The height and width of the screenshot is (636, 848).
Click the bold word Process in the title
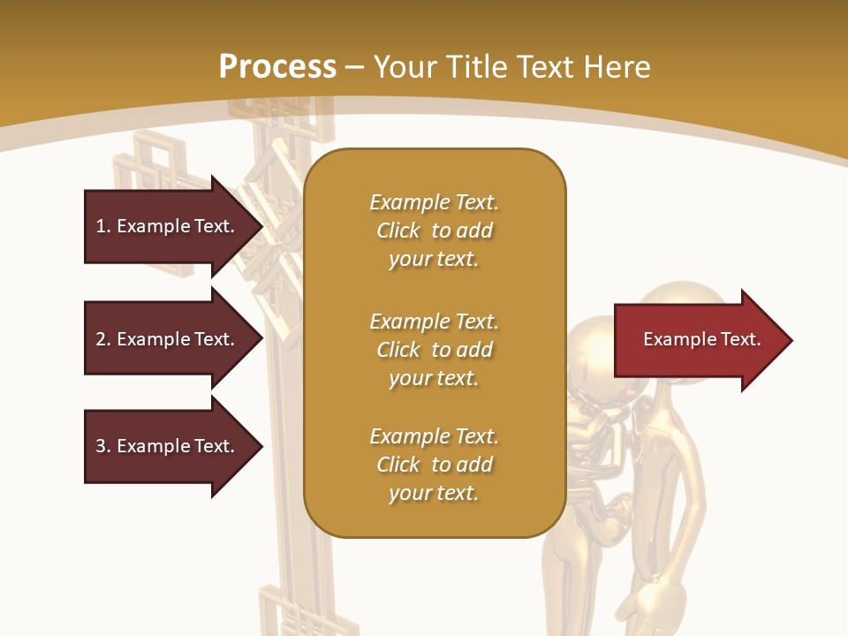coord(277,67)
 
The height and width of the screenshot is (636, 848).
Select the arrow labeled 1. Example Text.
coord(168,226)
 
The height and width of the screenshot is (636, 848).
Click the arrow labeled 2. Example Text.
coord(168,339)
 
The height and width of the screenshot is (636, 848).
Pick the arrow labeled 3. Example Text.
coord(168,446)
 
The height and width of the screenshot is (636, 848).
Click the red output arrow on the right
coord(698,340)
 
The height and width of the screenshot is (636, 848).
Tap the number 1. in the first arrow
coord(102,226)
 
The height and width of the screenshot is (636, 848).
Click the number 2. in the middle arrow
coord(102,339)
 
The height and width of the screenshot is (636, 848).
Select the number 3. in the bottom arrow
coord(102,446)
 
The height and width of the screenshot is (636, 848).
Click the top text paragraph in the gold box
coord(434,231)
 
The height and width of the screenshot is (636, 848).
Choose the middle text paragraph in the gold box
coord(434,350)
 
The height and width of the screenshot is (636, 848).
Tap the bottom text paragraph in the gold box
coord(434,465)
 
